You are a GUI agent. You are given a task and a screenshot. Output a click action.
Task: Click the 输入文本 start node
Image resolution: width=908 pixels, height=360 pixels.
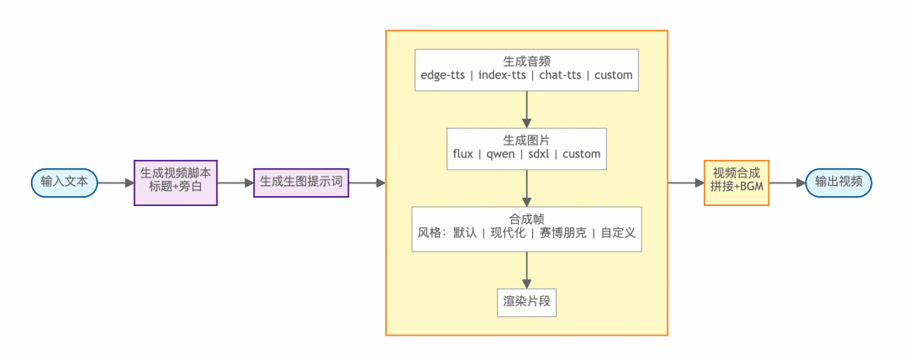coord(64,182)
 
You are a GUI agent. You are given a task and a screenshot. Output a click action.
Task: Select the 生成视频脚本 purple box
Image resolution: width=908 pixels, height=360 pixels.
coord(176,182)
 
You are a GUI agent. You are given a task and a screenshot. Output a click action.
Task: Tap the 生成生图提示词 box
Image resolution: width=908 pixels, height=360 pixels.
coord(301,182)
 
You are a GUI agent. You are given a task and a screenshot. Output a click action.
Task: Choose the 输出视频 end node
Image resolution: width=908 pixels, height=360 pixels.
coord(838,182)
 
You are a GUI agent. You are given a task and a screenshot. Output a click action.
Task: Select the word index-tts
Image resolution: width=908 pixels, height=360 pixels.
coord(503,76)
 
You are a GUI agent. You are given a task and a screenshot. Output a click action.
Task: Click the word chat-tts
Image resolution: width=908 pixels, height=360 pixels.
coord(561,76)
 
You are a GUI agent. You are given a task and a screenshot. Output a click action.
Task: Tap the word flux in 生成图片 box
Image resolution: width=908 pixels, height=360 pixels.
coord(467,155)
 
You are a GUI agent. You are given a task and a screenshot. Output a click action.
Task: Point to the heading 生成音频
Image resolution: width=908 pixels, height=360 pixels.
coord(526,61)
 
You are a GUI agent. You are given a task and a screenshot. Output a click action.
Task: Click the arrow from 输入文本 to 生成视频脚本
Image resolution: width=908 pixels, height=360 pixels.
coord(115,182)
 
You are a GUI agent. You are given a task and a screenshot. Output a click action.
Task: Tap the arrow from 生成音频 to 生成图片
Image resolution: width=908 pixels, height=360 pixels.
coord(526,109)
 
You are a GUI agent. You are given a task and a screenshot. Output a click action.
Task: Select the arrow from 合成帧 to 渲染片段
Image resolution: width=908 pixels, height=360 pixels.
coord(526,269)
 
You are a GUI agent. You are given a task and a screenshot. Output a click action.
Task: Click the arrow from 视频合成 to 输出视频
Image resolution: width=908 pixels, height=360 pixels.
coord(787,182)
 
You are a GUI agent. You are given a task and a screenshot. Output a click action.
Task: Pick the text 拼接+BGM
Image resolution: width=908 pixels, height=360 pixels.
coord(736,188)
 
